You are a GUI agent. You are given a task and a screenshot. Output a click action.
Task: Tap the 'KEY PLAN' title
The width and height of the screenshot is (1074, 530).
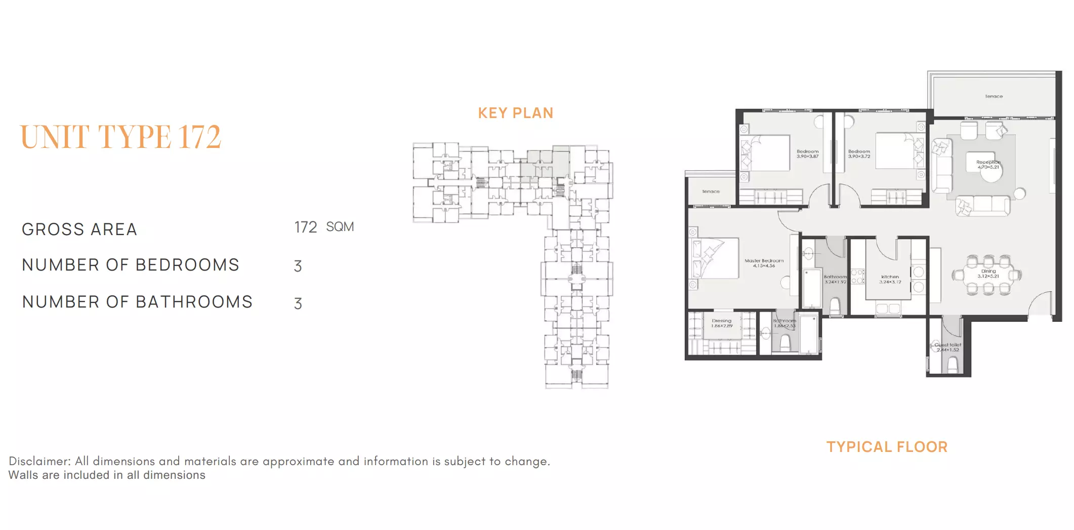pos(515,113)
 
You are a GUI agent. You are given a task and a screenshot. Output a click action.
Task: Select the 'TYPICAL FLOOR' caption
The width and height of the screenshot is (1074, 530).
pos(887,447)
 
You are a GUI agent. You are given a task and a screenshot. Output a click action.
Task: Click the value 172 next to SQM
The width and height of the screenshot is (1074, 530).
pos(306,227)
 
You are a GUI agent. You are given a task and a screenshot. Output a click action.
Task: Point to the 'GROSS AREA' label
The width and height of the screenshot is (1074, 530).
pos(79,230)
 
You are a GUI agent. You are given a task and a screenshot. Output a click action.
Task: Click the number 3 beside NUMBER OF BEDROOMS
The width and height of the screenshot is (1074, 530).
pos(298,266)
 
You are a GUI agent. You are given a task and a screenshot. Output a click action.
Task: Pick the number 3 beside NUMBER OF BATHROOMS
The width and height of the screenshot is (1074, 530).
pos(298,304)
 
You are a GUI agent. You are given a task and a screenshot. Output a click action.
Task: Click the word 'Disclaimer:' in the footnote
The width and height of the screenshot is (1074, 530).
pos(39,461)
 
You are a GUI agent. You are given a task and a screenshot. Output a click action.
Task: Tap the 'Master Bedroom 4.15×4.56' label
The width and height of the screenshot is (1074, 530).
pos(764,263)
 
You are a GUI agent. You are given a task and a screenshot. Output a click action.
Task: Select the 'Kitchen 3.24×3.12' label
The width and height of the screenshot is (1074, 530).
pos(890,279)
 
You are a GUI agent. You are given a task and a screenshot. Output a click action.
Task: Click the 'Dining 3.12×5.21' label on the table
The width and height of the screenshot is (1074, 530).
pos(988,274)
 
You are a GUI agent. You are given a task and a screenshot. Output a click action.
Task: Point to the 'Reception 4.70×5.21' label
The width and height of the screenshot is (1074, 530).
pos(988,164)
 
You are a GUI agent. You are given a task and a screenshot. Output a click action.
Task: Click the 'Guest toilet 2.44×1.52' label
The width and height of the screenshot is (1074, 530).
pos(947,347)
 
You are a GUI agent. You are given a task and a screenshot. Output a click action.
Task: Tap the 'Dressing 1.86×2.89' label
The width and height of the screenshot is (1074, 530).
pos(721,323)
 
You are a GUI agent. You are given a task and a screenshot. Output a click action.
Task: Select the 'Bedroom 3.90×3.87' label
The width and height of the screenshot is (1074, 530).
pos(807,154)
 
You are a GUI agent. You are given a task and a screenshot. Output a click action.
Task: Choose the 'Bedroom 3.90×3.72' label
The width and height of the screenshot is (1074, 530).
pos(859,154)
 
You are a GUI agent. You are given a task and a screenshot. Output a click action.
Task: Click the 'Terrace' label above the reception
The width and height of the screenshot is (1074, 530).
pos(994,96)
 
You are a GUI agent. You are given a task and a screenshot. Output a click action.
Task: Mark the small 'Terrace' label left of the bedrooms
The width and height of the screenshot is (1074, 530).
pos(711,192)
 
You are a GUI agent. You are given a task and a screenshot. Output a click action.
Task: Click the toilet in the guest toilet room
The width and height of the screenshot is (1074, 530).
pos(952,365)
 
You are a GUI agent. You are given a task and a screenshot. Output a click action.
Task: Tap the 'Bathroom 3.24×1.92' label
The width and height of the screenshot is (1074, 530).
pos(835,279)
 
